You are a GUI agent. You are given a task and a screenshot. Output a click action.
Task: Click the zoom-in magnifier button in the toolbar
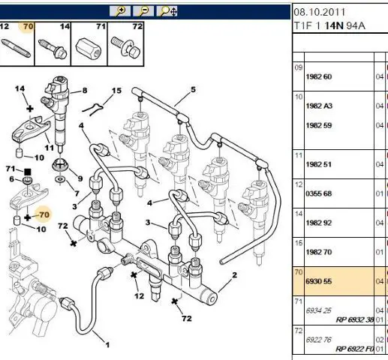120,11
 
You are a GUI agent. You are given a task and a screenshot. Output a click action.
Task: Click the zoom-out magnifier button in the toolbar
143,11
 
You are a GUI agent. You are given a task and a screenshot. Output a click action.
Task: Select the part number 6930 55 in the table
318,281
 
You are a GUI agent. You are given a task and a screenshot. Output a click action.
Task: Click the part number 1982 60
318,76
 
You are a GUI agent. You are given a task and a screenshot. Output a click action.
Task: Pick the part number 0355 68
318,193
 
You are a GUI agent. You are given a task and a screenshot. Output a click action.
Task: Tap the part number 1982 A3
319,106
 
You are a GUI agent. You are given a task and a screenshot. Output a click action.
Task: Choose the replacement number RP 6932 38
355,319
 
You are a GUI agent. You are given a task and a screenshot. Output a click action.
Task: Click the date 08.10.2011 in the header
319,12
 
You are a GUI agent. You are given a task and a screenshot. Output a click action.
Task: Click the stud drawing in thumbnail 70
16,47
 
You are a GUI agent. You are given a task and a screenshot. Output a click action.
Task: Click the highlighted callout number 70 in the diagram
44,214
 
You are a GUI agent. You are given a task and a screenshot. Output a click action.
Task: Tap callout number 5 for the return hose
193,89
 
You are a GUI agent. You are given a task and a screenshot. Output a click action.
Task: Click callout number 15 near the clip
116,91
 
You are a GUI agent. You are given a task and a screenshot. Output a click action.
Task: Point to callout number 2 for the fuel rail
234,275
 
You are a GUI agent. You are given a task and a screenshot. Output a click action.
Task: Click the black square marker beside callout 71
27,172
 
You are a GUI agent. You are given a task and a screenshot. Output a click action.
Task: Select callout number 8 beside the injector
85,91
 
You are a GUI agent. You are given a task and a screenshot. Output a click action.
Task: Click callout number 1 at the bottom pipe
107,345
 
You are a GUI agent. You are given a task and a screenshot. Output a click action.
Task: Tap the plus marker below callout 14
30,109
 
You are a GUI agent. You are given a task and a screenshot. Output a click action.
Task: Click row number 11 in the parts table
299,155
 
